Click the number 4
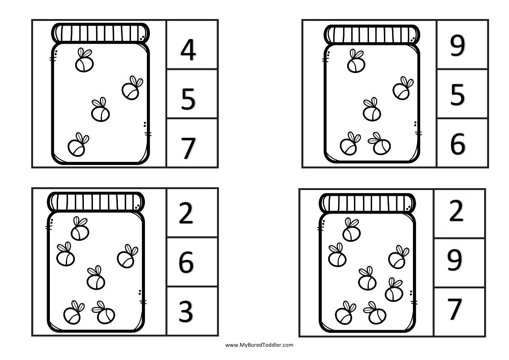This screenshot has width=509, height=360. [188, 50]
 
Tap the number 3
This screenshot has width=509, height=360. [186, 311]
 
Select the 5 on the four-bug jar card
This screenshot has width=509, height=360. [188, 99]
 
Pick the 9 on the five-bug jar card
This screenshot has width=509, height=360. [457, 47]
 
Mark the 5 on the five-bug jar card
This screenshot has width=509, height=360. [457, 96]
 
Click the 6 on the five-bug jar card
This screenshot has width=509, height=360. [457, 144]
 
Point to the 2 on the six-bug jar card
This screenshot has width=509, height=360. [186, 214]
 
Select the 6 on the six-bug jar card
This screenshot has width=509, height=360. [186, 263]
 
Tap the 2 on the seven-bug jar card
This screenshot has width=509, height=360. [456, 212]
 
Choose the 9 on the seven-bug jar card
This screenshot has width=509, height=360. [455, 260]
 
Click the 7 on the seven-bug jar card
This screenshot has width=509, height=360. [455, 309]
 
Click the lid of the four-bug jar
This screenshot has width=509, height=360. [100, 33]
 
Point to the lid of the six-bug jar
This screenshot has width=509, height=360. [96, 201]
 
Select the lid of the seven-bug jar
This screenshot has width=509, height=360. [367, 203]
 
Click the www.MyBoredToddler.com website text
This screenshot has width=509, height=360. [259, 345]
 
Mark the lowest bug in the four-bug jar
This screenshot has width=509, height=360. [78, 145]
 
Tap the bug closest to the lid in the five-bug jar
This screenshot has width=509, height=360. [356, 62]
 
